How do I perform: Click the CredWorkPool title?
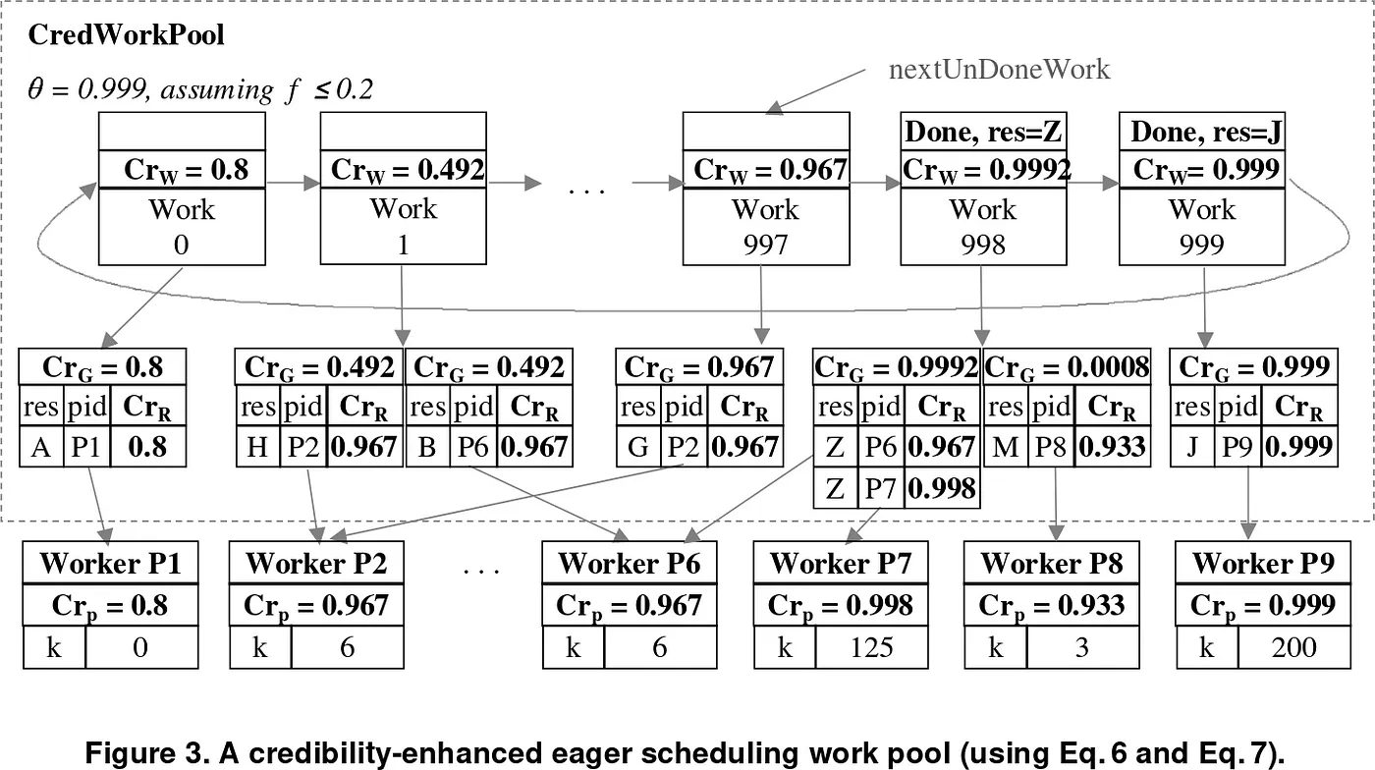pos(127,35)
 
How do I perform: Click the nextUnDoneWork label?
pos(999,69)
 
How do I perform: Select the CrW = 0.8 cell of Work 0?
pos(183,170)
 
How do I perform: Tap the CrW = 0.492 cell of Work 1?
pos(405,170)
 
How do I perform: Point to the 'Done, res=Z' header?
pos(983,131)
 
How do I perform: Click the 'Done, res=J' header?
pos(1202,131)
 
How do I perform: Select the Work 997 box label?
pos(766,227)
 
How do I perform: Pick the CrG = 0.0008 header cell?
pos(1066,367)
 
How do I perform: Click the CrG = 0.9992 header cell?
pos(897,367)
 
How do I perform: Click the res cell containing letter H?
pos(257,447)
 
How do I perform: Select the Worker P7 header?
pos(841,563)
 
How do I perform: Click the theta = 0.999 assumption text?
pos(201,90)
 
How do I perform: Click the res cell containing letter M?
pos(1006,447)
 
